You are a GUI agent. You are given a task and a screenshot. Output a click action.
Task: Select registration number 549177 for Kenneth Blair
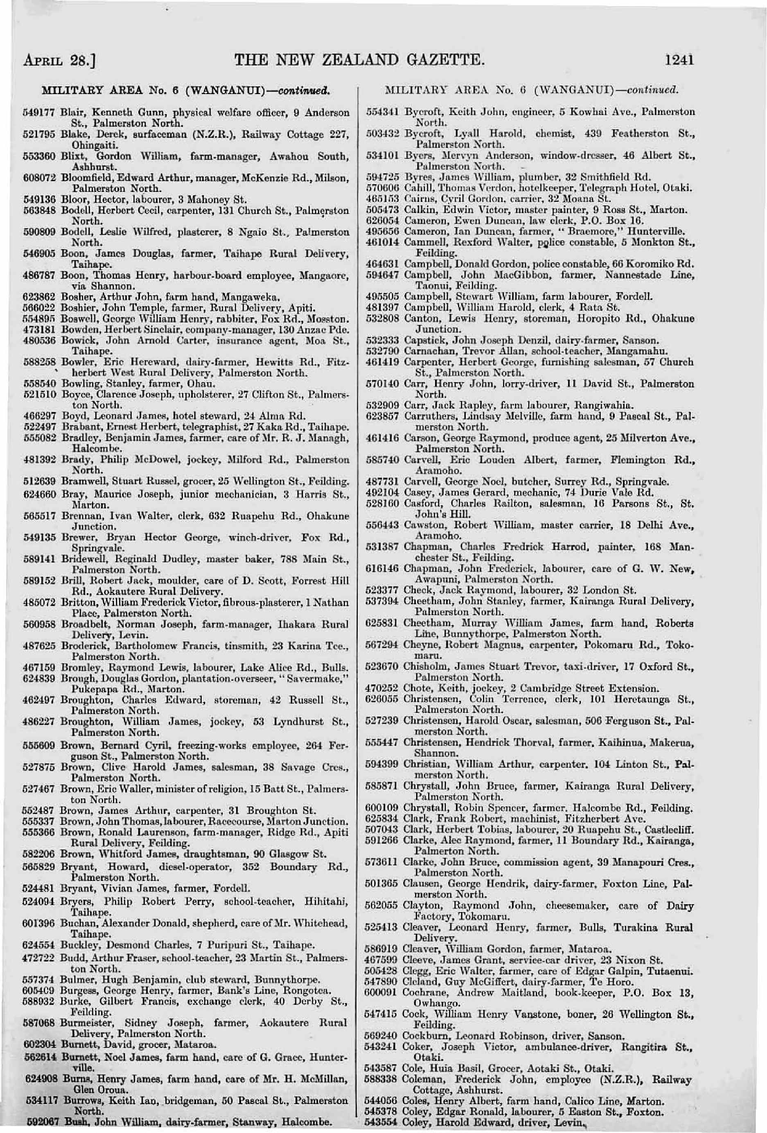40,113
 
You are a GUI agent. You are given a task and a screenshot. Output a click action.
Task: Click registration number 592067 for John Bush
40,1123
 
